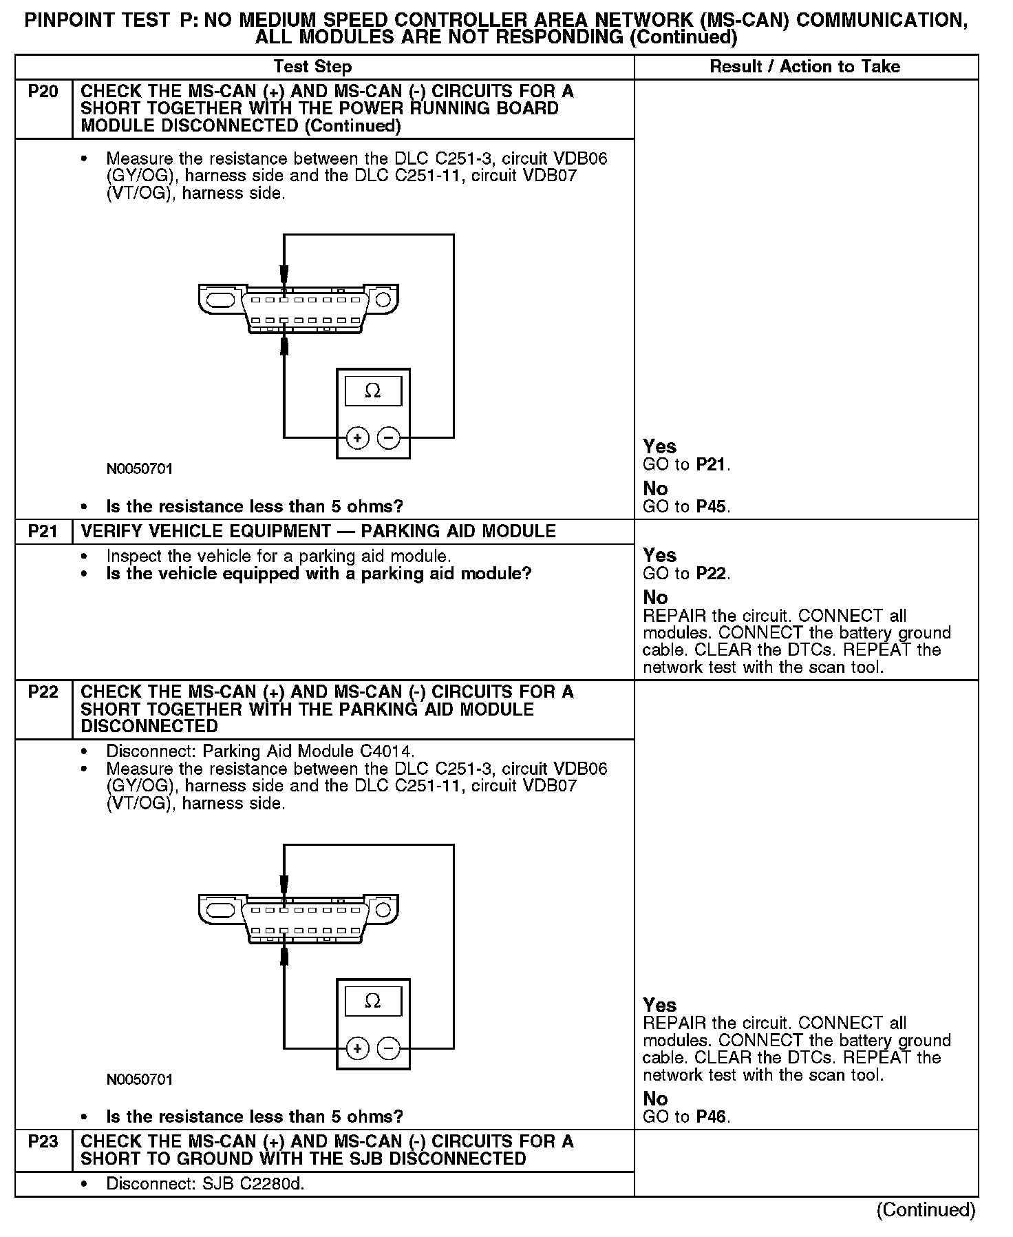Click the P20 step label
click(x=43, y=92)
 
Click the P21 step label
click(x=43, y=531)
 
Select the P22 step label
click(x=43, y=692)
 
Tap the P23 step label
click(x=43, y=1141)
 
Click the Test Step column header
click(x=312, y=67)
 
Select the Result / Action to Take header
click(x=804, y=67)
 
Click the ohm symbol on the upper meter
click(x=372, y=391)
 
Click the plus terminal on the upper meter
click(x=357, y=437)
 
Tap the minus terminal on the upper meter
click(x=389, y=437)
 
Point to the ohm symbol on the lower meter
click(x=372, y=1001)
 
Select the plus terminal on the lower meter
click(x=357, y=1048)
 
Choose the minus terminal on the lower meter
click(x=389, y=1048)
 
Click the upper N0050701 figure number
click(x=140, y=469)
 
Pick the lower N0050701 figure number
click(x=140, y=1079)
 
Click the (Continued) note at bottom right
click(x=926, y=1210)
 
